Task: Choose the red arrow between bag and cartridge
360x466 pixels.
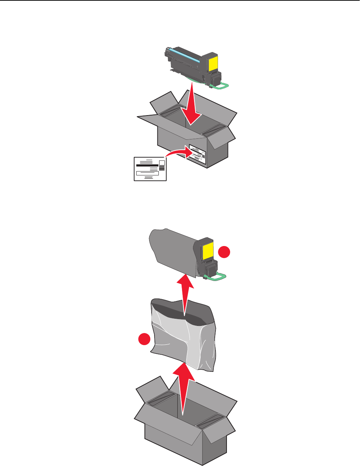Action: tap(186, 294)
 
